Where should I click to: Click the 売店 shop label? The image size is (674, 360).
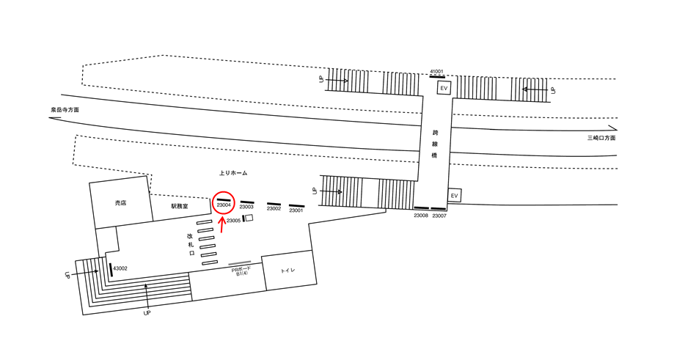pos(120,202)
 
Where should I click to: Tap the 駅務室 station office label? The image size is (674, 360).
pos(180,207)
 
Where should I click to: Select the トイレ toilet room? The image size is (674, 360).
pos(289,271)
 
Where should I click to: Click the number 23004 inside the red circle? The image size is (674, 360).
pos(224,205)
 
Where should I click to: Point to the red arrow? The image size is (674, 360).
pos(222,229)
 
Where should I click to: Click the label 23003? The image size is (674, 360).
pos(246,207)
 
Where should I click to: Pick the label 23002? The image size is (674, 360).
pos(274,209)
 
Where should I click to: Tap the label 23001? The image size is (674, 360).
pos(296,211)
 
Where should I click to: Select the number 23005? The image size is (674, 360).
pos(233,221)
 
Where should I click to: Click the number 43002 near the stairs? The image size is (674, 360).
pos(120,268)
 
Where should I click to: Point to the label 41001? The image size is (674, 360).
pos(437,71)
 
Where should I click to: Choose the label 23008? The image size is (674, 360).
pos(421,216)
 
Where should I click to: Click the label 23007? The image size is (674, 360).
pos(439,216)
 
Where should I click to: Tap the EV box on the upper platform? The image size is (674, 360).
pos(443,89)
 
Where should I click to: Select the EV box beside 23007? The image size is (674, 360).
pos(454,196)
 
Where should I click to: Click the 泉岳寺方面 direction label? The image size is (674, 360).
pos(65,109)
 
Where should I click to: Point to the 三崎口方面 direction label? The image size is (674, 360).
pos(601,138)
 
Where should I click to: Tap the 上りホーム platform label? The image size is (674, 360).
pos(233,173)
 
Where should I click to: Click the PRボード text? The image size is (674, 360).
pos(241,270)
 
